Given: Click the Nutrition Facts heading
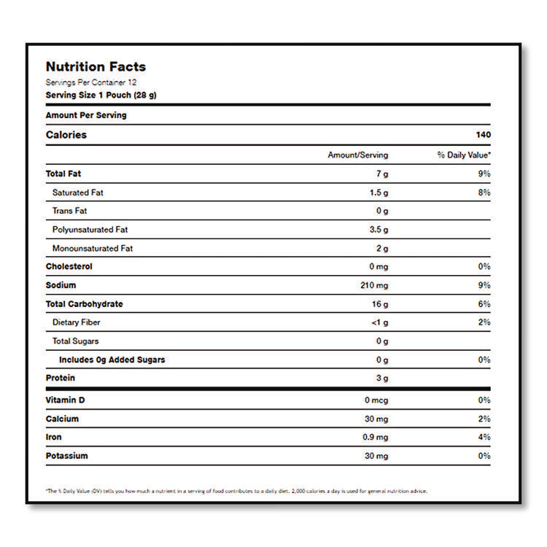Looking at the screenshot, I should pyautogui.click(x=96, y=67).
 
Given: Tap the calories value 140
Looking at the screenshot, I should pyautogui.click(x=484, y=135).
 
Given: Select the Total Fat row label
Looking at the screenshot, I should pyautogui.click(x=63, y=174).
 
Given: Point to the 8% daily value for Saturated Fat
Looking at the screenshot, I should pyautogui.click(x=484, y=193).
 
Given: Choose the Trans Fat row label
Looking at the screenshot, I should pyautogui.click(x=69, y=212).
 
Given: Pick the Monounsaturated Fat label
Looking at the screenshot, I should pyautogui.click(x=93, y=249).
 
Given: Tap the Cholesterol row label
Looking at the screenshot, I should pyautogui.click(x=69, y=267).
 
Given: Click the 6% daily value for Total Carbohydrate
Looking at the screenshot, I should pyautogui.click(x=484, y=304).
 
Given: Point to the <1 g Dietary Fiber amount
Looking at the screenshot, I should pyautogui.click(x=379, y=322).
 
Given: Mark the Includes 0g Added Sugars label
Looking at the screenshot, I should pyautogui.click(x=112, y=360).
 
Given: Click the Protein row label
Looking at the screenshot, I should pyautogui.click(x=61, y=378).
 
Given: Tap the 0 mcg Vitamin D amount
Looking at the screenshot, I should pyautogui.click(x=376, y=400).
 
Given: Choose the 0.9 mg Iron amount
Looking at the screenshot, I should pyautogui.click(x=376, y=438).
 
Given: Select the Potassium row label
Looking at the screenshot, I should pyautogui.click(x=66, y=456).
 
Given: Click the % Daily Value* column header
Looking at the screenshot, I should pyautogui.click(x=464, y=155).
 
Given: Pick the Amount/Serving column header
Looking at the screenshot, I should pyautogui.click(x=357, y=155).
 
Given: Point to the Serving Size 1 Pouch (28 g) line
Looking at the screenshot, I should pyautogui.click(x=101, y=95).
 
